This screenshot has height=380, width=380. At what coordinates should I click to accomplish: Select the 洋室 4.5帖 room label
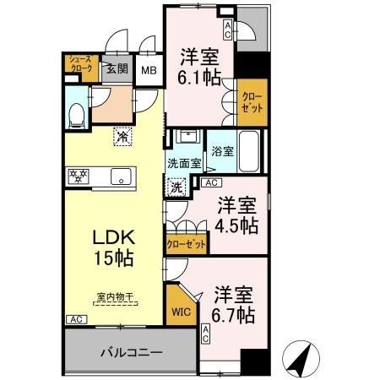(236, 216)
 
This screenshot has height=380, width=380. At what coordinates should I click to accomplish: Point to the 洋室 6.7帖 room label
(231, 305)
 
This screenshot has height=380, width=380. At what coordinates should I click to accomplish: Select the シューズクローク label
(80, 65)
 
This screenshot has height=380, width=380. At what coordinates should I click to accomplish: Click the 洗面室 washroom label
(182, 163)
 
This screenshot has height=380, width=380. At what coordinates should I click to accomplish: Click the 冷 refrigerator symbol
(123, 134)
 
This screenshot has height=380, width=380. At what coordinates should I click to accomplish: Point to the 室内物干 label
(112, 296)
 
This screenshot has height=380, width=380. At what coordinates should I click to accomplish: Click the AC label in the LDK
(75, 319)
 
